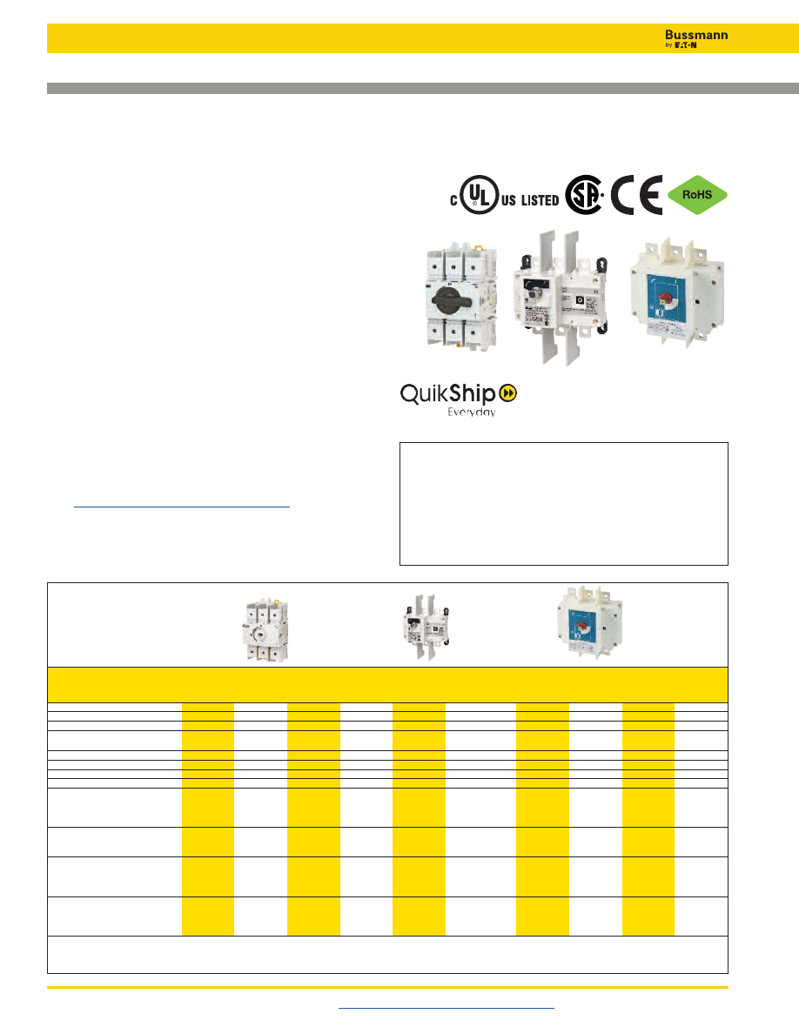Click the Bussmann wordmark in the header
pos(689,35)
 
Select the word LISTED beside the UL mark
pos(540,200)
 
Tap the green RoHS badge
pos(698,196)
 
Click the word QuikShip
pos(449,393)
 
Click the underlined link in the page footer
pos(446,1007)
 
